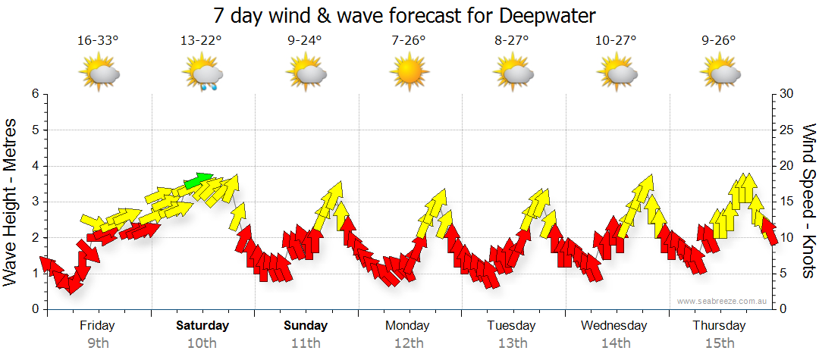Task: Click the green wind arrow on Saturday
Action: pyautogui.click(x=199, y=180)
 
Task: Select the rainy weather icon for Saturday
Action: pyautogui.click(x=202, y=74)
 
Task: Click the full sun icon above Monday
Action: pyautogui.click(x=409, y=73)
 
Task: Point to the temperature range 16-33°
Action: pyautogui.click(x=98, y=39)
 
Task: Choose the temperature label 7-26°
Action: pyautogui.click(x=409, y=39)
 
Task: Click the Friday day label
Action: pyautogui.click(x=97, y=326)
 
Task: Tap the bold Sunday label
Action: pyautogui.click(x=306, y=326)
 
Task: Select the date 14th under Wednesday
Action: pyautogui.click(x=615, y=343)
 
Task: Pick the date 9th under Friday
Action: pyautogui.click(x=97, y=343)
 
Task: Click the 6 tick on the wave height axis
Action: pyautogui.click(x=33, y=94)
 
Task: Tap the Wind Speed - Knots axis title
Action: pyautogui.click(x=807, y=202)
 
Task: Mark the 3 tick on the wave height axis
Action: pyautogui.click(x=33, y=202)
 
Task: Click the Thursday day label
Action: pyautogui.click(x=719, y=326)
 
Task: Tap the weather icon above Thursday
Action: pyautogui.click(x=719, y=74)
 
